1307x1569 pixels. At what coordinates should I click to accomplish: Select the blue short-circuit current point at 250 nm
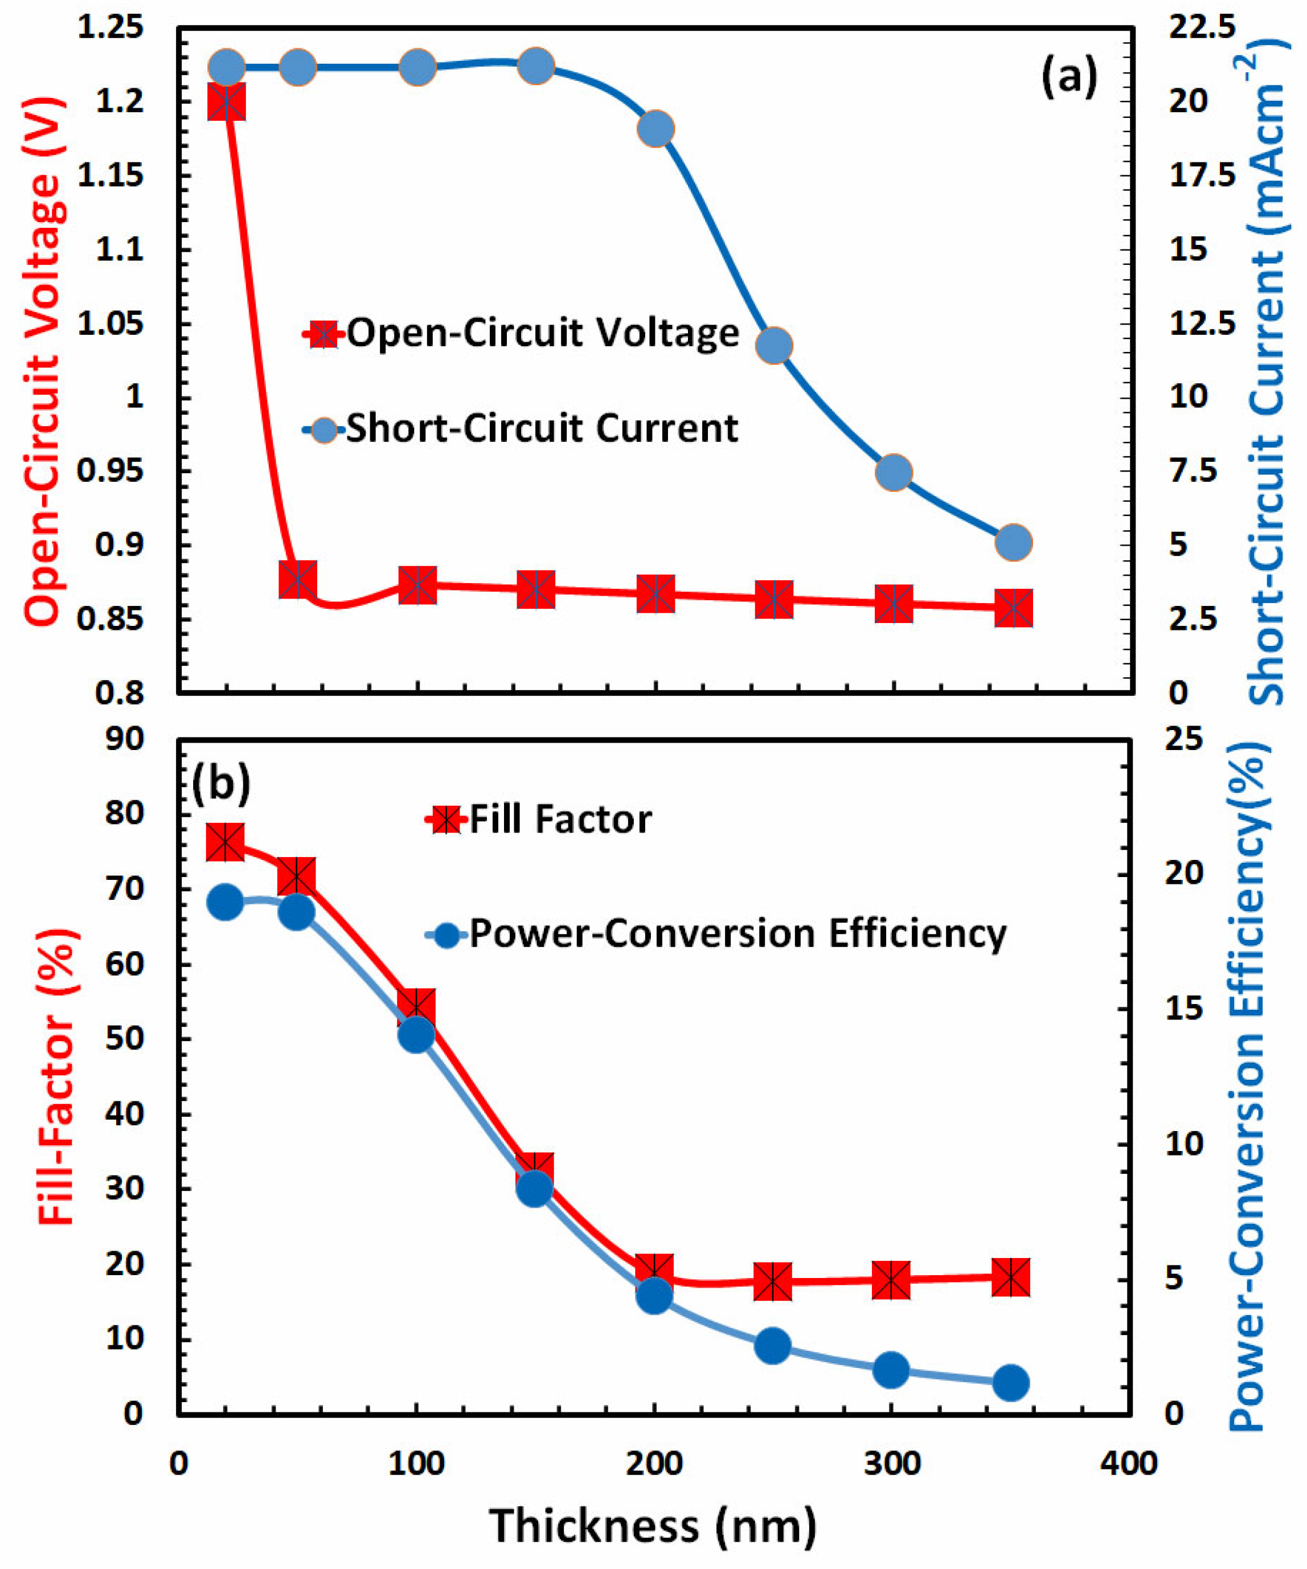pyautogui.click(x=774, y=346)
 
